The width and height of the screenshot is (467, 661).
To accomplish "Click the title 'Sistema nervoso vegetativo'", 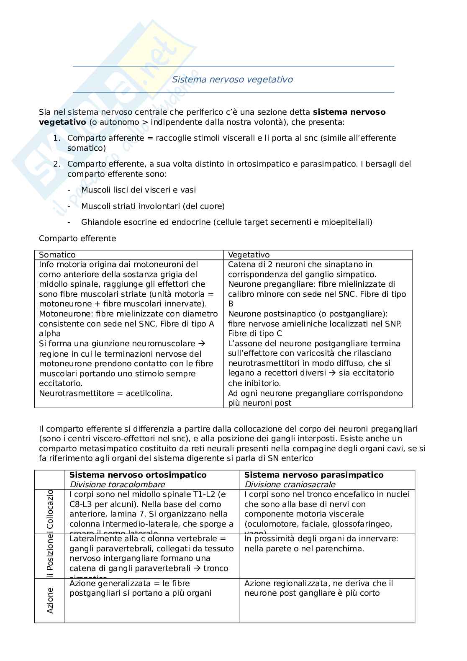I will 232,80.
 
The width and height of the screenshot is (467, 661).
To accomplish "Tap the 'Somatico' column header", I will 57,255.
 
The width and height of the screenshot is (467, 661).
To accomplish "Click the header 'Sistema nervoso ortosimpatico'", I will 138,475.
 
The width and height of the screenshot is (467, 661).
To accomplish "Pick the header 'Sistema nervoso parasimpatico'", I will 314,475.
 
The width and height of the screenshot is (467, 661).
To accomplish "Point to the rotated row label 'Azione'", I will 50,600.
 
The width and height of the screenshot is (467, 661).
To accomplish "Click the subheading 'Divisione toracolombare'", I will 117,484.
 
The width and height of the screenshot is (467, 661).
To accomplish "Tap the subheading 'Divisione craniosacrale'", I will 290,484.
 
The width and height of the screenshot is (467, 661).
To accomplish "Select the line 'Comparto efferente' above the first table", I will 77,239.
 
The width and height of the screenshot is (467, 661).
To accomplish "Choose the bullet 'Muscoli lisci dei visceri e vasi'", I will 139,190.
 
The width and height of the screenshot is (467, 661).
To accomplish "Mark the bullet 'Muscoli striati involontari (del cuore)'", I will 153,206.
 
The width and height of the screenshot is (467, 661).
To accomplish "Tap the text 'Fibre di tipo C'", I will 255,334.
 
